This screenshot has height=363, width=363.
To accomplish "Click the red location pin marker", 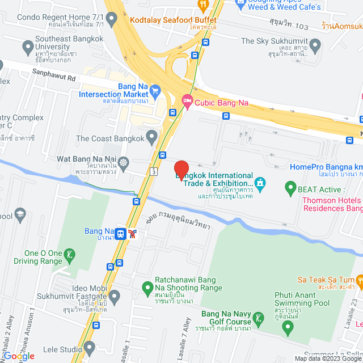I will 181,170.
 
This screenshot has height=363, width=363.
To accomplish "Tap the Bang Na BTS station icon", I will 121,233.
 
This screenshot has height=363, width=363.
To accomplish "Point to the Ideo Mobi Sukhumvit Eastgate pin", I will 115,295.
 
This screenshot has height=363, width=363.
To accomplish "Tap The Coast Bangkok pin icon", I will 151,136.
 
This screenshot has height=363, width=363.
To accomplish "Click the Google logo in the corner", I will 18,356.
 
